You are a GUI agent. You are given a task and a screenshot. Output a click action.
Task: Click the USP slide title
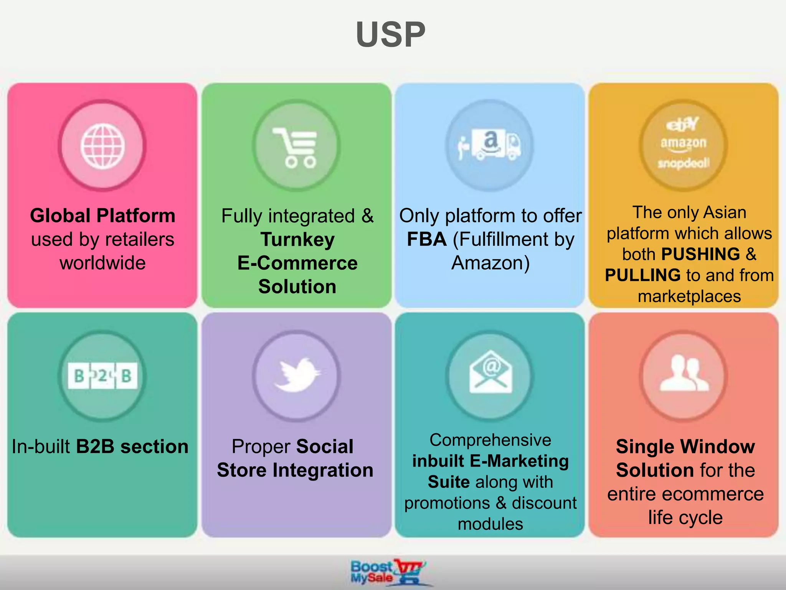point(391,35)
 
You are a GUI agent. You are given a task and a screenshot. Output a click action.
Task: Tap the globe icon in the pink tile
point(102,146)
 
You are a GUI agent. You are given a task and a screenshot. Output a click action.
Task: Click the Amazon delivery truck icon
point(490,145)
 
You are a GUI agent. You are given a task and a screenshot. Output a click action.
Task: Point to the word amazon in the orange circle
point(683,143)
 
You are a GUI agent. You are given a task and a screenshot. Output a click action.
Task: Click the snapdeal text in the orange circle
point(684,163)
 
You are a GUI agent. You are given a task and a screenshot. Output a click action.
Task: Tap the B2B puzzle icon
point(102,376)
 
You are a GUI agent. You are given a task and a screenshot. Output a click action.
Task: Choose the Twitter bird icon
point(296,375)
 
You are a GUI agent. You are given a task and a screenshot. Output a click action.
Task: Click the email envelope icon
point(490,372)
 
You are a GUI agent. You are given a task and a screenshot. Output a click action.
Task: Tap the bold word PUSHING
point(700,254)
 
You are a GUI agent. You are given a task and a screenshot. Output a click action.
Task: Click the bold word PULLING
point(642,275)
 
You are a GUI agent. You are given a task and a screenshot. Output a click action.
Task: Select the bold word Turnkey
point(297,240)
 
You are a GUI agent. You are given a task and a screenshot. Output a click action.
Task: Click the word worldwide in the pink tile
point(102,263)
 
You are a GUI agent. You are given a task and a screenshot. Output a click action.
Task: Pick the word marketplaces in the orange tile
point(689,297)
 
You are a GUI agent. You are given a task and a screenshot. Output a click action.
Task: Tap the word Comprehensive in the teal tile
point(490,440)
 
